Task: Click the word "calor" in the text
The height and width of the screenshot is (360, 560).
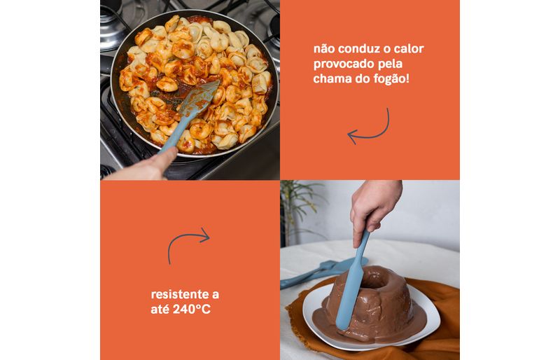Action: tap(408, 48)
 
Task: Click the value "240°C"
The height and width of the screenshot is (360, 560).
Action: tap(191, 310)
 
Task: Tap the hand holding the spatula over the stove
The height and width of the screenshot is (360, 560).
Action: tap(146, 166)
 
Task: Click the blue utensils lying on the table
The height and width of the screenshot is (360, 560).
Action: tap(321, 271)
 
